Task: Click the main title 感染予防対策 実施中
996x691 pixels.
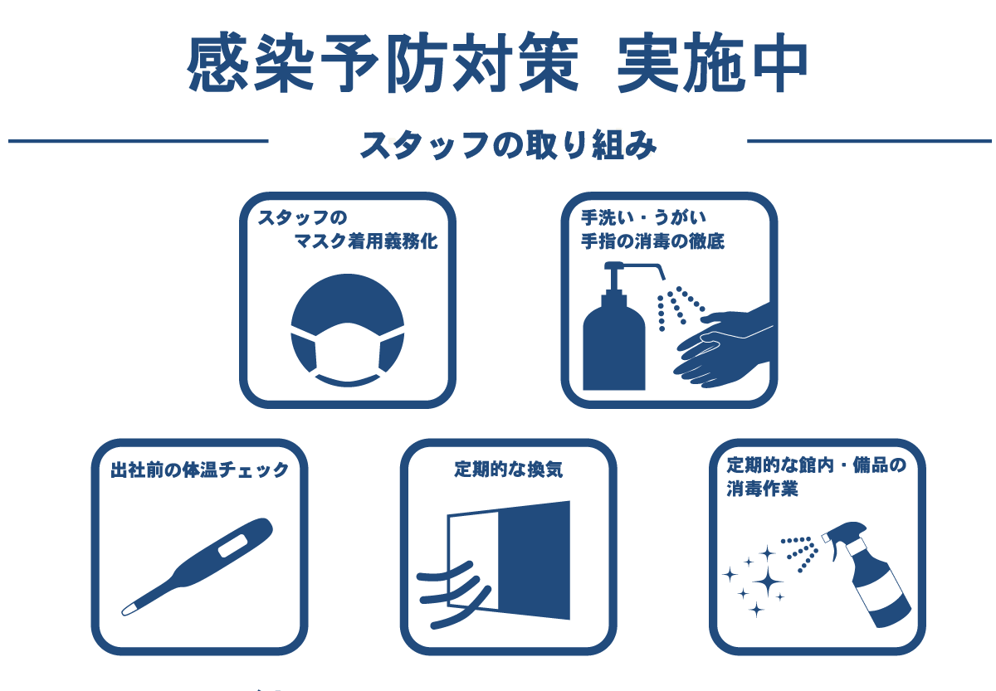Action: click(x=497, y=62)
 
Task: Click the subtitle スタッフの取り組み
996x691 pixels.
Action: click(x=508, y=145)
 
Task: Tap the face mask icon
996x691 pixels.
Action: click(x=347, y=330)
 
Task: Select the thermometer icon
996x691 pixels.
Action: click(x=198, y=567)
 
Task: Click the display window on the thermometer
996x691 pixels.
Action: click(x=232, y=545)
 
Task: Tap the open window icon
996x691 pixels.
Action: click(x=509, y=561)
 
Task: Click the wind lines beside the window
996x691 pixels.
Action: click(x=453, y=595)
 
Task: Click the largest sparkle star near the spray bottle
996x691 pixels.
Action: click(x=767, y=581)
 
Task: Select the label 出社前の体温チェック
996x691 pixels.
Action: click(x=200, y=470)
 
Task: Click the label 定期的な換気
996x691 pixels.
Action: click(x=508, y=470)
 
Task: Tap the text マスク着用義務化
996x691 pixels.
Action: click(x=365, y=241)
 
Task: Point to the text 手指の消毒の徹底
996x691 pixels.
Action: click(x=652, y=241)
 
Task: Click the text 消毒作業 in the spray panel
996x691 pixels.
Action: click(x=762, y=489)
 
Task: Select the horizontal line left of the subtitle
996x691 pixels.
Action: click(x=139, y=141)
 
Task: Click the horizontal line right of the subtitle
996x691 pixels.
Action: click(x=869, y=141)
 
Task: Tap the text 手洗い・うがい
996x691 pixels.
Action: click(x=643, y=217)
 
